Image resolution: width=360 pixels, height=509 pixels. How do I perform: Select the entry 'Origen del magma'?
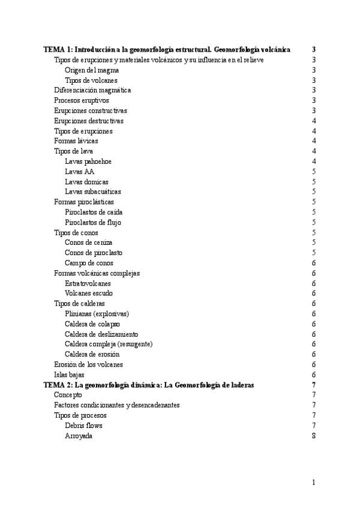[91, 70]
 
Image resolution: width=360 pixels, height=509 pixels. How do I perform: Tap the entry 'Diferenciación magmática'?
[92, 90]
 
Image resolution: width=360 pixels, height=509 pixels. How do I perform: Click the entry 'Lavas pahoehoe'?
[88, 161]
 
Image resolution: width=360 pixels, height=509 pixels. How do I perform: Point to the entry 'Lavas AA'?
[79, 172]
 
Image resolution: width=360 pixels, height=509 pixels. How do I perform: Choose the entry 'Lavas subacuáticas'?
[92, 192]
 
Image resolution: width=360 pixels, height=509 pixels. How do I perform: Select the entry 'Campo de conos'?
[89, 263]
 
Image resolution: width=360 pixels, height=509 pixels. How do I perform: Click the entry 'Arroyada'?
[79, 436]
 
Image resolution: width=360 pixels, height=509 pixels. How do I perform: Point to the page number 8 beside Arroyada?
[314, 436]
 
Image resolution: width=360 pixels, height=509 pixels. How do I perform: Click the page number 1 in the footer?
[314, 482]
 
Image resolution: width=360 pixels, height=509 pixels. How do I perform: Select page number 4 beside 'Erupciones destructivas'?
[314, 121]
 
